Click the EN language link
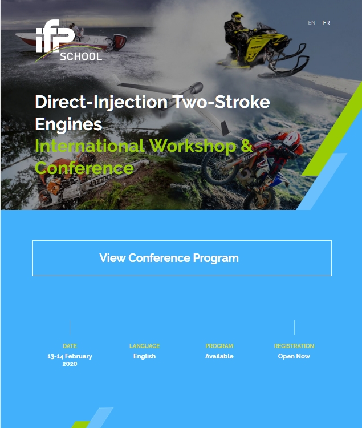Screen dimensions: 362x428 pyautogui.click(x=312, y=23)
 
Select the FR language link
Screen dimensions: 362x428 pyautogui.click(x=326, y=23)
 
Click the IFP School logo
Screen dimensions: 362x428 pyautogui.click(x=69, y=41)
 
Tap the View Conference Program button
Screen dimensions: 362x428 pyautogui.click(x=182, y=258)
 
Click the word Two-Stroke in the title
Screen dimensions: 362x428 pyautogui.click(x=221, y=102)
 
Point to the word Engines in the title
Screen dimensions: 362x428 pyautogui.click(x=68, y=124)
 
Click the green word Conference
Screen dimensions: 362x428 pyautogui.click(x=84, y=168)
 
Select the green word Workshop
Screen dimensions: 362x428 pyautogui.click(x=193, y=146)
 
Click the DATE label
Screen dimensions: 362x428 pyautogui.click(x=70, y=346)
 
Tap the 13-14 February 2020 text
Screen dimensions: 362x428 pyautogui.click(x=70, y=360)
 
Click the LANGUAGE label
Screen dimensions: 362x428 pyautogui.click(x=144, y=346)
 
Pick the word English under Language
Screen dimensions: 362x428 pyautogui.click(x=144, y=356)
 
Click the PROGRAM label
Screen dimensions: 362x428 pyautogui.click(x=219, y=346)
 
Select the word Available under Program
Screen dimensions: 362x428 pyautogui.click(x=219, y=356)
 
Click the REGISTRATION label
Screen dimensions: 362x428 pyautogui.click(x=294, y=346)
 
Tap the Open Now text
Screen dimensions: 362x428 pyautogui.click(x=294, y=356)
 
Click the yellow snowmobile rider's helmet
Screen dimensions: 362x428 pyautogui.click(x=237, y=18)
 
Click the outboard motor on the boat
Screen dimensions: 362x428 pyautogui.click(x=118, y=42)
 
